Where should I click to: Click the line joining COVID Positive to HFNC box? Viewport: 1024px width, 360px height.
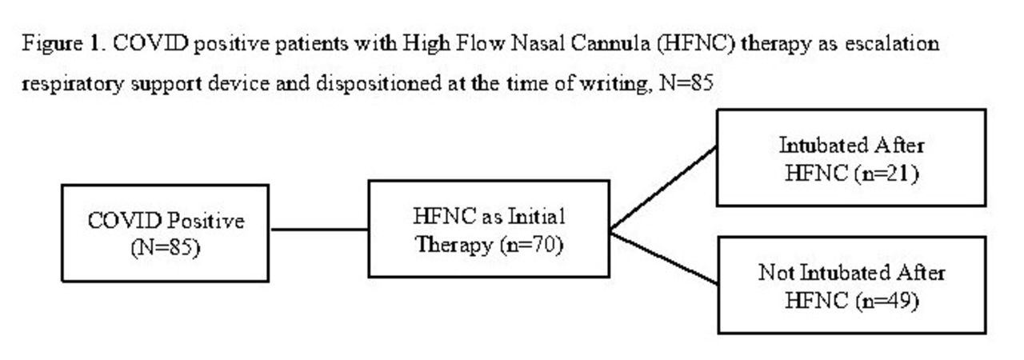tap(319, 229)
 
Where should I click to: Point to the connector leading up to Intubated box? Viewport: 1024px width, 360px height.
tap(663, 188)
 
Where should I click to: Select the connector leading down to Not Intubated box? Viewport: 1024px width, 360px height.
tap(663, 258)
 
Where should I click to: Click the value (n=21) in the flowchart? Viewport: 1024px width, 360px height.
tap(886, 174)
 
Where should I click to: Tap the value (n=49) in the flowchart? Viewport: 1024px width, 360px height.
tap(886, 301)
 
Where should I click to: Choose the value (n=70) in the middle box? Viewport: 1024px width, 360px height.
tap(531, 245)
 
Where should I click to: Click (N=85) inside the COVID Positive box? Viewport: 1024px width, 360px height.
tap(165, 248)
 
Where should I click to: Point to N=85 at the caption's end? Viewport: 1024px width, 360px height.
tap(686, 83)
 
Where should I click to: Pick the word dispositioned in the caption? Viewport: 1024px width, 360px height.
tap(378, 84)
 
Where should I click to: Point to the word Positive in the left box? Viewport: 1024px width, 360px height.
tap(205, 222)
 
